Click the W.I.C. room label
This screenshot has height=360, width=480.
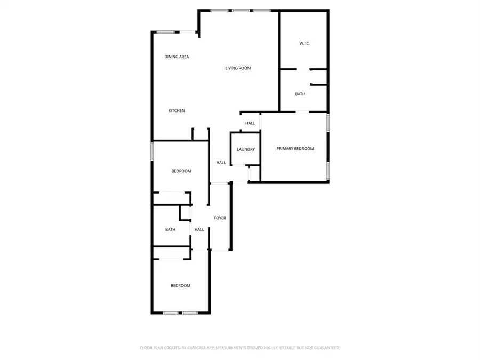(305, 44)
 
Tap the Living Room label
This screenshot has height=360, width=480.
(238, 68)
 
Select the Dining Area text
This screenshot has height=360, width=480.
(177, 57)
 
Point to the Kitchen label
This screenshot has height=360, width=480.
(177, 110)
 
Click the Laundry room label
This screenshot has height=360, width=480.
(246, 149)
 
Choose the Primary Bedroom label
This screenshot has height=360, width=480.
(295, 149)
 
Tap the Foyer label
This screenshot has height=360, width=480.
(220, 218)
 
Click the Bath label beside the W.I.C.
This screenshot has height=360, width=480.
(300, 94)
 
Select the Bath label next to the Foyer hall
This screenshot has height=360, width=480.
(170, 229)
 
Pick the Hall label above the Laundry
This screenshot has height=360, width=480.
(250, 123)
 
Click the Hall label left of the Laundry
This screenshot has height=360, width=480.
(221, 163)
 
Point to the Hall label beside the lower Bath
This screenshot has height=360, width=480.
(199, 229)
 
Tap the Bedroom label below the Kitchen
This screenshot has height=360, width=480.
(181, 171)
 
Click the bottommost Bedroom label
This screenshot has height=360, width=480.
(180, 286)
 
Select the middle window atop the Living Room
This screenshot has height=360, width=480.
(241, 11)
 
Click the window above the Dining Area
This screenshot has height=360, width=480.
(166, 32)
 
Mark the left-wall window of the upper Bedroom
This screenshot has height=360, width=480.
(152, 151)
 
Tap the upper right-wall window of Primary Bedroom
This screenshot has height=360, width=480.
(328, 123)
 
